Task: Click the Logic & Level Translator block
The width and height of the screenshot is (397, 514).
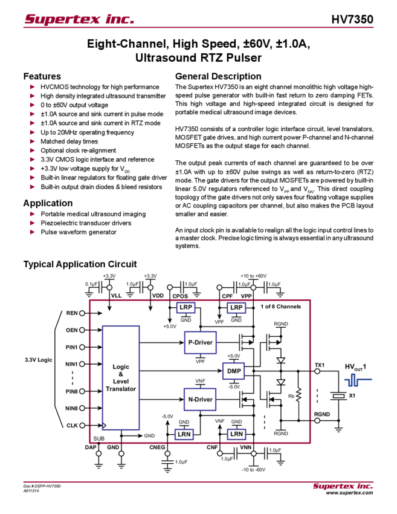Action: pos(121,379)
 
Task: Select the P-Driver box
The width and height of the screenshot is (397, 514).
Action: pos(199,343)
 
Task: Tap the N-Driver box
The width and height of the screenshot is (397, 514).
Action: pos(199,399)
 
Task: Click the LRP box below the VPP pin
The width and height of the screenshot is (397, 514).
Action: pos(185,307)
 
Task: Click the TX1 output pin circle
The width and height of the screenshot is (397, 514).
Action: pos(315,370)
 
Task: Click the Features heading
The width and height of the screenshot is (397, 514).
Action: pos(45,77)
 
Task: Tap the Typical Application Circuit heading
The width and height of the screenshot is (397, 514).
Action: pos(81,264)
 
